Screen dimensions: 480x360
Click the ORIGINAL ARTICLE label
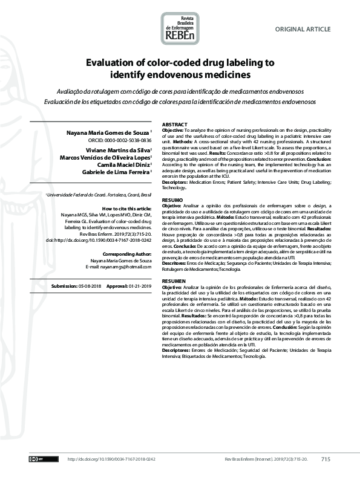(303, 29)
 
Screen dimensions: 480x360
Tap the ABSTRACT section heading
(175, 123)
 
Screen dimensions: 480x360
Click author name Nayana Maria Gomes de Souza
(110, 131)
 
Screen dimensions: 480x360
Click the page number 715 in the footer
(326, 459)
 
